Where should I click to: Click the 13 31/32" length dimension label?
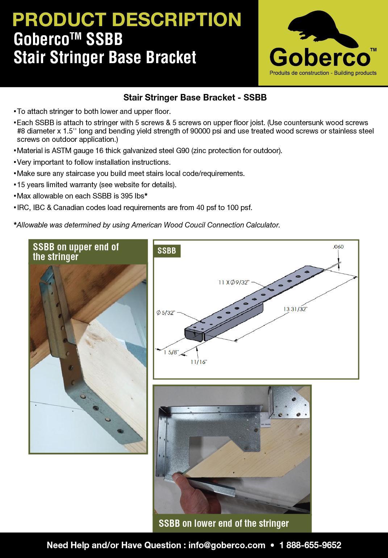click(x=295, y=309)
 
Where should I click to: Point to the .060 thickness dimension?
click(x=338, y=247)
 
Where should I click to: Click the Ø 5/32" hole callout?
click(x=166, y=313)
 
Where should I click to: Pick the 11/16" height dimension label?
click(x=199, y=362)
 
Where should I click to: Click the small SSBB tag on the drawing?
click(x=167, y=251)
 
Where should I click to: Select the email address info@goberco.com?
click(x=226, y=545)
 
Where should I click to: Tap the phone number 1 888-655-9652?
click(x=310, y=545)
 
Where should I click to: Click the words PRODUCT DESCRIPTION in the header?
click(x=127, y=20)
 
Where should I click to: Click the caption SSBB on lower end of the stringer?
click(x=224, y=524)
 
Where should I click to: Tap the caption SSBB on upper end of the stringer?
click(x=76, y=252)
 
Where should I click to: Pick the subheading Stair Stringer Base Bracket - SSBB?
click(x=195, y=98)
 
